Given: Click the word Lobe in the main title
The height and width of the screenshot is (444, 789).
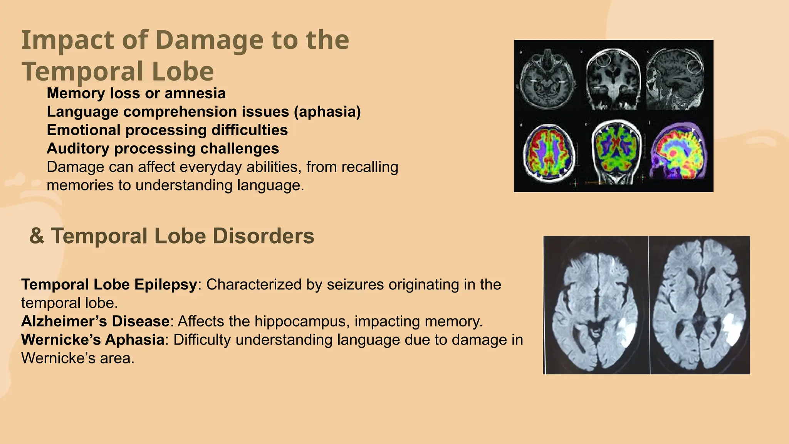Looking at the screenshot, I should tap(183, 72).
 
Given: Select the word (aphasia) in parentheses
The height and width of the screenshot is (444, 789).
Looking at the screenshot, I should tap(327, 112).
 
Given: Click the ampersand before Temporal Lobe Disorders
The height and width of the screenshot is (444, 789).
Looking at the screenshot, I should tap(37, 236).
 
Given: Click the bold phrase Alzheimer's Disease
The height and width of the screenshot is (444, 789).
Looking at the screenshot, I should tap(95, 321).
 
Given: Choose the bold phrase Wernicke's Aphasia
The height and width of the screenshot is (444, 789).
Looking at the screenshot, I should tap(93, 340).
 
